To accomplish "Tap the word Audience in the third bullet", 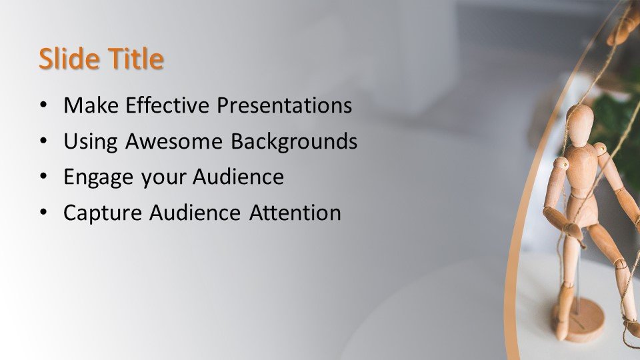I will tap(238, 177).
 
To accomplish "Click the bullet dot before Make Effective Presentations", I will tap(43, 106).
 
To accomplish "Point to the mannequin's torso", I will tap(581, 173).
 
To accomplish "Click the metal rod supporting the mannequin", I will tap(577, 287).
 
